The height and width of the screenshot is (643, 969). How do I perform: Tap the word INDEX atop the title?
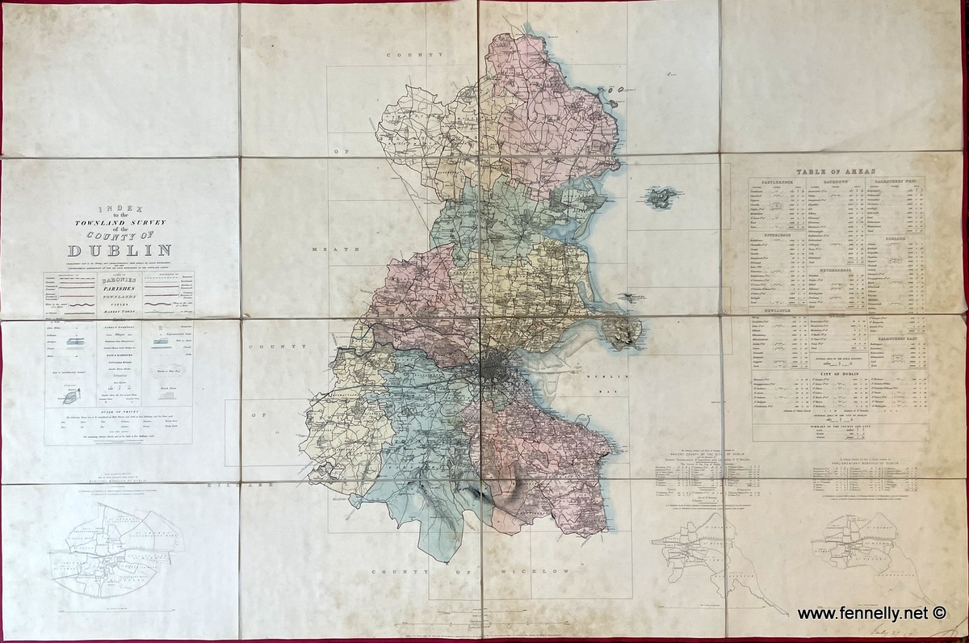119,208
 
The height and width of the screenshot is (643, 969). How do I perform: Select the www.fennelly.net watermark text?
861,614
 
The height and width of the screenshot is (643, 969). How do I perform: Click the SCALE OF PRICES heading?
119,410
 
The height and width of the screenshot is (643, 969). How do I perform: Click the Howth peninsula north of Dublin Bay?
621,330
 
